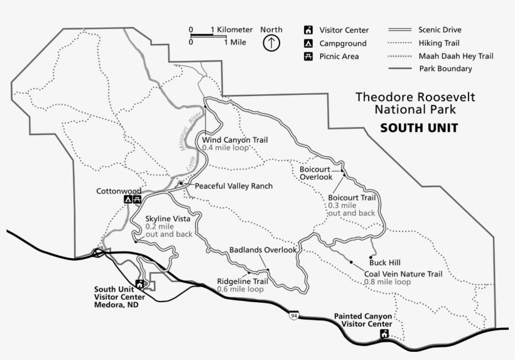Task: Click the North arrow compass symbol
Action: coord(271,43)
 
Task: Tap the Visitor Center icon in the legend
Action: coord(308,30)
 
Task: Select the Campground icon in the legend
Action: coord(308,43)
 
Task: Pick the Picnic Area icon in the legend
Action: coord(308,57)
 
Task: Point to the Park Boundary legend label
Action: coord(445,69)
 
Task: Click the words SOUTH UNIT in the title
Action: coord(419,128)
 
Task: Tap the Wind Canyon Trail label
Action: coord(234,139)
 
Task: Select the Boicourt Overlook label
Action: coord(315,173)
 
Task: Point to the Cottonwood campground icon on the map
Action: coord(128,200)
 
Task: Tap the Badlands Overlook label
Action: coord(263,249)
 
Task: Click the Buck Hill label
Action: coord(386,263)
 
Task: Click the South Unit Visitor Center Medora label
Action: coord(116,297)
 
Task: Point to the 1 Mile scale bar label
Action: coord(236,43)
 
